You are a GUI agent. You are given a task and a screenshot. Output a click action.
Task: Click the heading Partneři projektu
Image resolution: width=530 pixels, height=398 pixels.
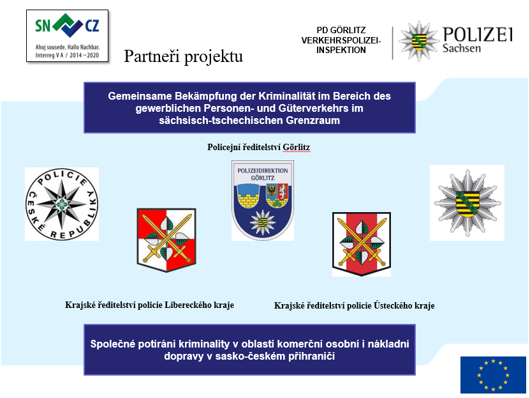(183, 57)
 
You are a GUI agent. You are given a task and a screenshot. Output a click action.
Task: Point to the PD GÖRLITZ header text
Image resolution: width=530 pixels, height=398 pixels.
(341, 30)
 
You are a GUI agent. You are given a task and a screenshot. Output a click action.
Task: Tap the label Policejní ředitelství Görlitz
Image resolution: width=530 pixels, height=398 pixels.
(259, 147)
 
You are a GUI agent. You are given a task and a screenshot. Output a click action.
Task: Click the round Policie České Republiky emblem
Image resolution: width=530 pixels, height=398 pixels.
(62, 204)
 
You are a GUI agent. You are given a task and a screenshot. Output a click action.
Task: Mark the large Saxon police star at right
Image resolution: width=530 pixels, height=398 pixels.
(467, 203)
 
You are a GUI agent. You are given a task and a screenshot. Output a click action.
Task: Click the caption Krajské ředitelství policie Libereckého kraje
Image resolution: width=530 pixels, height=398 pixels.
(149, 305)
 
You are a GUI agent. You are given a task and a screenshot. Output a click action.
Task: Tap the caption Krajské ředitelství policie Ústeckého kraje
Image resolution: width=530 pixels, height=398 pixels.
(354, 305)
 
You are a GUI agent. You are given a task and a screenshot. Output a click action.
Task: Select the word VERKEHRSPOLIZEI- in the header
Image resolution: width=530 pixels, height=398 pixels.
(341, 40)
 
